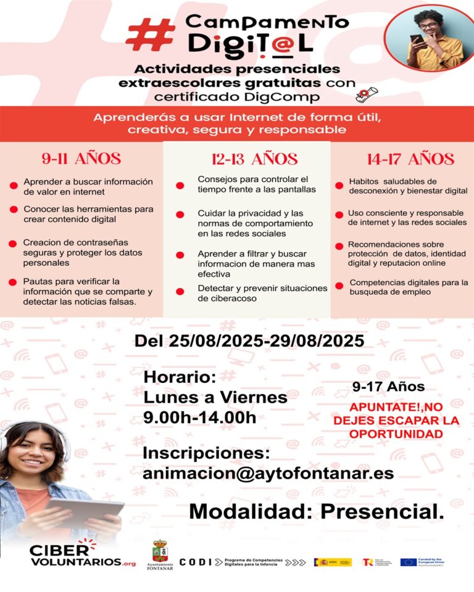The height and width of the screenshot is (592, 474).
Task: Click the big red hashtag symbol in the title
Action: pyautogui.click(x=150, y=34)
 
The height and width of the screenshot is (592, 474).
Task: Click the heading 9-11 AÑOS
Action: pyautogui.click(x=81, y=158)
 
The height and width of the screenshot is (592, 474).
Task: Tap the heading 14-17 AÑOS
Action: pyautogui.click(x=410, y=159)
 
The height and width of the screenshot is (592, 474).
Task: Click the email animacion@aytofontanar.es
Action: pyautogui.click(x=268, y=474)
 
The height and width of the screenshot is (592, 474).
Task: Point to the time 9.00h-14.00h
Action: pyautogui.click(x=199, y=417)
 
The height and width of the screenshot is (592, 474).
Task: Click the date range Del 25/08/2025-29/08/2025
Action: pyautogui.click(x=249, y=341)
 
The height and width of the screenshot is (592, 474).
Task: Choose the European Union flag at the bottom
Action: pyautogui.click(x=408, y=562)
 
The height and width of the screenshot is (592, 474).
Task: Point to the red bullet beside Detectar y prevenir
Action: pyautogui.click(x=180, y=291)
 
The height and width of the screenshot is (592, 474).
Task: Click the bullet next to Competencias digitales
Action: pyautogui.click(x=338, y=286)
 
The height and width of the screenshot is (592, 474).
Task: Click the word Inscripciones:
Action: pyautogui.click(x=207, y=453)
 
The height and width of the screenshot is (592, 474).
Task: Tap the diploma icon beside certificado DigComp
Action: pyautogui.click(x=367, y=94)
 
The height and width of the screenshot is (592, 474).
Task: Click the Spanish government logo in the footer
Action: pyautogui.click(x=333, y=562)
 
